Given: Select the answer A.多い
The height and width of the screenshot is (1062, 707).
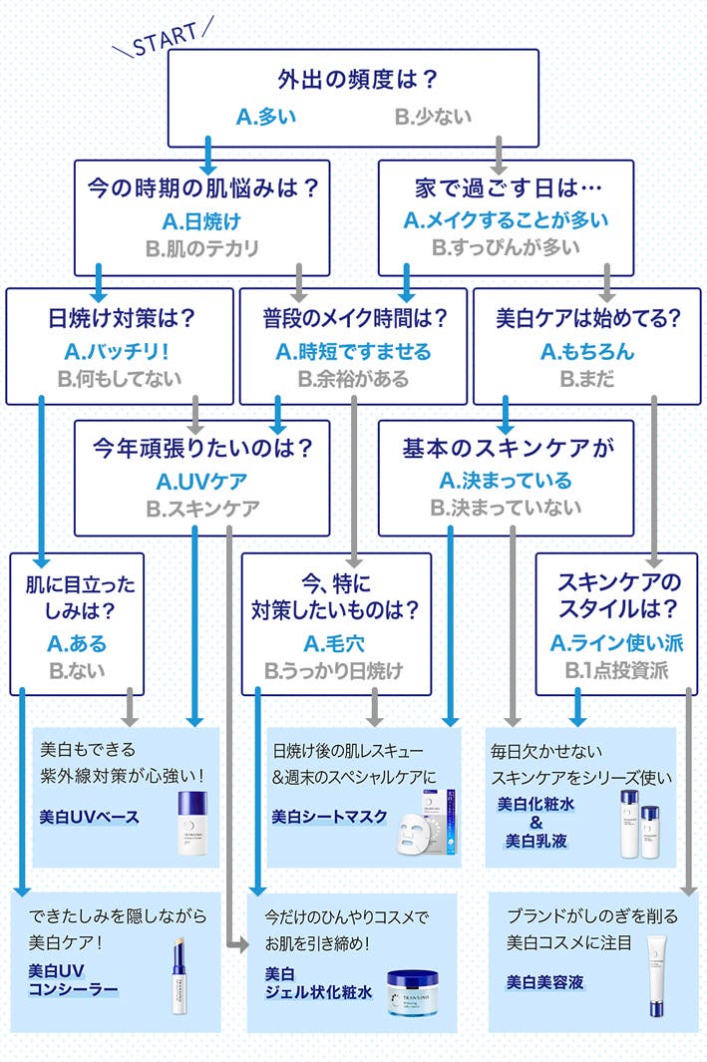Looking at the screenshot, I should coord(266,117).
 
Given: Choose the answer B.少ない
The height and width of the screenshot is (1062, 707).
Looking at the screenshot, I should coord(433,117).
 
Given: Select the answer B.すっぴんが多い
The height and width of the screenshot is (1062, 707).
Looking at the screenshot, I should coord(506,247).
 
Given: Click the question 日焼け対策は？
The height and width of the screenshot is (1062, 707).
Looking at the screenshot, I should coord(121,318).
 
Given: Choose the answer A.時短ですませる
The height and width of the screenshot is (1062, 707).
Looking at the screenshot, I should coord(353,351).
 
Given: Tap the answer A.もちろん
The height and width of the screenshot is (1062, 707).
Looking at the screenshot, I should coord(587,351).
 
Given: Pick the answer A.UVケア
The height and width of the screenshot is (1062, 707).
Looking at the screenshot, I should coord(201,482).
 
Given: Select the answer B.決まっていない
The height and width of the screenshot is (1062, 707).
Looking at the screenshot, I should coord(506,509).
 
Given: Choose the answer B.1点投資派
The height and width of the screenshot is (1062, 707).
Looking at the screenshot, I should coord(615,670).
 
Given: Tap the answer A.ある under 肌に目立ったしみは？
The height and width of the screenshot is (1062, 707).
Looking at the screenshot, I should coord(77,643).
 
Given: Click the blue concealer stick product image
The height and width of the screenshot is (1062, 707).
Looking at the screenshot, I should coord(178,978).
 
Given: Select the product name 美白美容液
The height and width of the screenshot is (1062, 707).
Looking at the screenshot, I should coord(544,982).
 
